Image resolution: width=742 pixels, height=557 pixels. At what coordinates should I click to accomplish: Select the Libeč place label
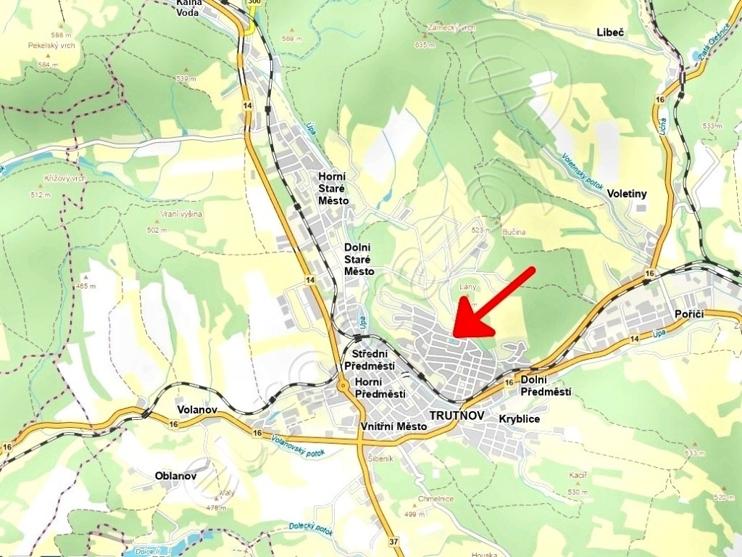(610, 32)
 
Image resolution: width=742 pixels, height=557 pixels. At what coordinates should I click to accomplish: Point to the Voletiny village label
(627, 194)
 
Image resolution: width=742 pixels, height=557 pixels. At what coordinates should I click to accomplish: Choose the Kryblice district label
(520, 419)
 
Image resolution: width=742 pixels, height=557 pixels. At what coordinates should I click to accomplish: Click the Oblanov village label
(175, 476)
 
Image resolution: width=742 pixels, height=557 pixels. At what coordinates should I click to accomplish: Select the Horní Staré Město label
(333, 189)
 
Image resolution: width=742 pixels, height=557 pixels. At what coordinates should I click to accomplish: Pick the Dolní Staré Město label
(359, 259)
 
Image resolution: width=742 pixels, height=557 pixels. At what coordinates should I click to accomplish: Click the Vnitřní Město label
(392, 426)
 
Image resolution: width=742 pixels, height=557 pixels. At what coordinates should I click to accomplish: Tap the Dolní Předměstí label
(546, 386)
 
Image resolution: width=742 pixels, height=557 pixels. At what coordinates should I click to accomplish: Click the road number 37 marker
(393, 542)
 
